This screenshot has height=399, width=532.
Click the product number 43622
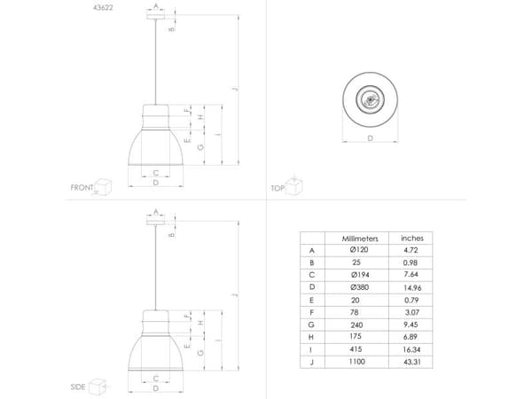(103, 7)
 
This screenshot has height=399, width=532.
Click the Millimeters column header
(360, 239)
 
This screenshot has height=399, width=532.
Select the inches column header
(412, 239)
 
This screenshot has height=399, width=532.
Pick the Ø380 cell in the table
(360, 287)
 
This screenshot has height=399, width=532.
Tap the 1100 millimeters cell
(357, 362)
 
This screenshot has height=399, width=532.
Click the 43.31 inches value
(412, 362)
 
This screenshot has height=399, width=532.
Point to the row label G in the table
(311, 325)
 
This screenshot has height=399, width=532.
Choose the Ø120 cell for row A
(359, 250)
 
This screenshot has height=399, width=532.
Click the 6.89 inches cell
(412, 337)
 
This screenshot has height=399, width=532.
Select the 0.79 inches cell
(411, 300)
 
